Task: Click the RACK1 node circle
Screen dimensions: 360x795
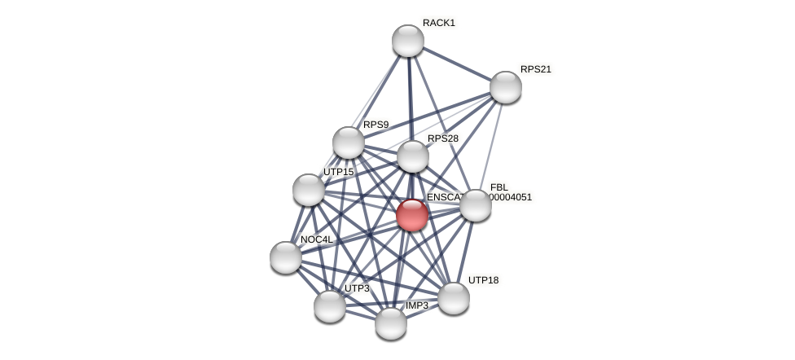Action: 408,41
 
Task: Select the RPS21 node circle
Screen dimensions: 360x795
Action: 506,87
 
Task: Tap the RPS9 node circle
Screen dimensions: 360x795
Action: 349,143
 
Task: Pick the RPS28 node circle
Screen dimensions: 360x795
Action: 413,156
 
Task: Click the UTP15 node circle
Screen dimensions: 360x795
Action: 309,190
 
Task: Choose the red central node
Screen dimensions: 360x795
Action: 412,215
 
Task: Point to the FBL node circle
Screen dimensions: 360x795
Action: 476,205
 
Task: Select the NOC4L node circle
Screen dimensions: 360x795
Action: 286,257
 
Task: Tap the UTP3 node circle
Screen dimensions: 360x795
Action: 330,306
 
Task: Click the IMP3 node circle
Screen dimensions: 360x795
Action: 391,323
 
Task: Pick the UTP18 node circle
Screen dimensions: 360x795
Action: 454,298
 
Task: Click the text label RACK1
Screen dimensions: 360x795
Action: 438,23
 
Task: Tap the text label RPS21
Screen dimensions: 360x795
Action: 535,69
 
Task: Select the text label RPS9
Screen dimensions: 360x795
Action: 376,125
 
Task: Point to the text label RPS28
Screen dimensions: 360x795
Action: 442,138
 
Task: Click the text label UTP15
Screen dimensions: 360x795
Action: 338,172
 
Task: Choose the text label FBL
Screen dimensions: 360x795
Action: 499,187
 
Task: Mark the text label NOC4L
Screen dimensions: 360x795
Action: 316,239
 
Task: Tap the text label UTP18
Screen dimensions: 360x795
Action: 483,280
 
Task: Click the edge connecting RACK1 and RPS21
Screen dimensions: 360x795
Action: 457,64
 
